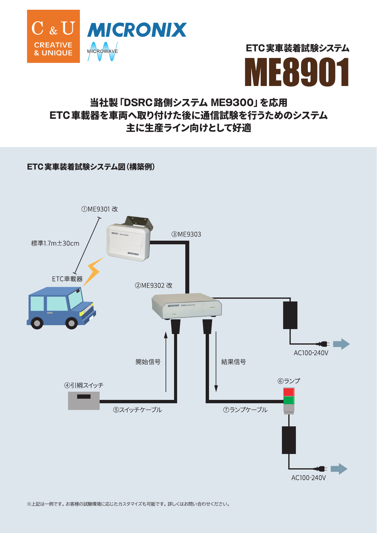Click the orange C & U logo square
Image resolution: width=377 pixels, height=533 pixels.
pos(53,36)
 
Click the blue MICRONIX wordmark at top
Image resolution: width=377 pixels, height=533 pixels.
pos(137,30)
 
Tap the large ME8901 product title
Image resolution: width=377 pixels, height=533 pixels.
pos(297,72)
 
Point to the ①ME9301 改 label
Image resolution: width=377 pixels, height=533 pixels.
pos(100,209)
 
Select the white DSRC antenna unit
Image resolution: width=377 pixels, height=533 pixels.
pos(128,242)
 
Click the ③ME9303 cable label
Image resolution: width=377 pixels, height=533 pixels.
pos(186,234)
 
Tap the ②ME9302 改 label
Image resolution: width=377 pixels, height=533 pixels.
pos(154,285)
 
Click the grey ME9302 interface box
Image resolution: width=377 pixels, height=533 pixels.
pos(187,306)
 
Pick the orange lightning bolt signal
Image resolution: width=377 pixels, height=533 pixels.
pos(93,271)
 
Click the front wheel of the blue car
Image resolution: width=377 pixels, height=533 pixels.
pos(72,323)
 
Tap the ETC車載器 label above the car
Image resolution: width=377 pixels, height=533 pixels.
pos(67,279)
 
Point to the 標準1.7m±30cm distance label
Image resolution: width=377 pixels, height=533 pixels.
pos(55,243)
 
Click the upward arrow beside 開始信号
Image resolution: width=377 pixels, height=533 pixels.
pos(166,362)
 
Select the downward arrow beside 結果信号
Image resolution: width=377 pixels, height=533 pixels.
pos(216,362)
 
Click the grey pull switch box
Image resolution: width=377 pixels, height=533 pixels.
pos(84,401)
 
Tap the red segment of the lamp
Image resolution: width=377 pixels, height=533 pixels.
pos(289,392)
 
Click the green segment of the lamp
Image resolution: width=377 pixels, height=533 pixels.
pos(289,400)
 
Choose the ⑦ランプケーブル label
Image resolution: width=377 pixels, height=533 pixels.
pos(245,410)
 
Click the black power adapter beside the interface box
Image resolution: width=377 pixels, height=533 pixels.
pos(290,315)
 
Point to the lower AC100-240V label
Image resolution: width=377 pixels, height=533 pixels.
pos(308,478)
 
